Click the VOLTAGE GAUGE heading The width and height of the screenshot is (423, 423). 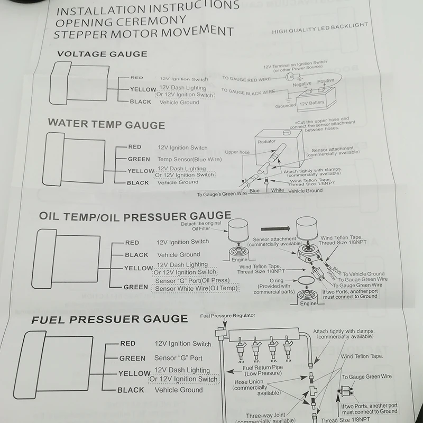click(102, 54)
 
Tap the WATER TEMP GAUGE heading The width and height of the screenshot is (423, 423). click(106, 124)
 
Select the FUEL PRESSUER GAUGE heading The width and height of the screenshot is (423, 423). click(109, 319)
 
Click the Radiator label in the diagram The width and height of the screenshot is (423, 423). click(267, 142)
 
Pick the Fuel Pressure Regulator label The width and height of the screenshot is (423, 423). click(228, 316)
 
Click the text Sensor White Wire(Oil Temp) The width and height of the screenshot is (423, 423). click(196, 288)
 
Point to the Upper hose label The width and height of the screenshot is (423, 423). click(237, 152)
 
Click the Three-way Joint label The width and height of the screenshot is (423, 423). click(266, 416)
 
